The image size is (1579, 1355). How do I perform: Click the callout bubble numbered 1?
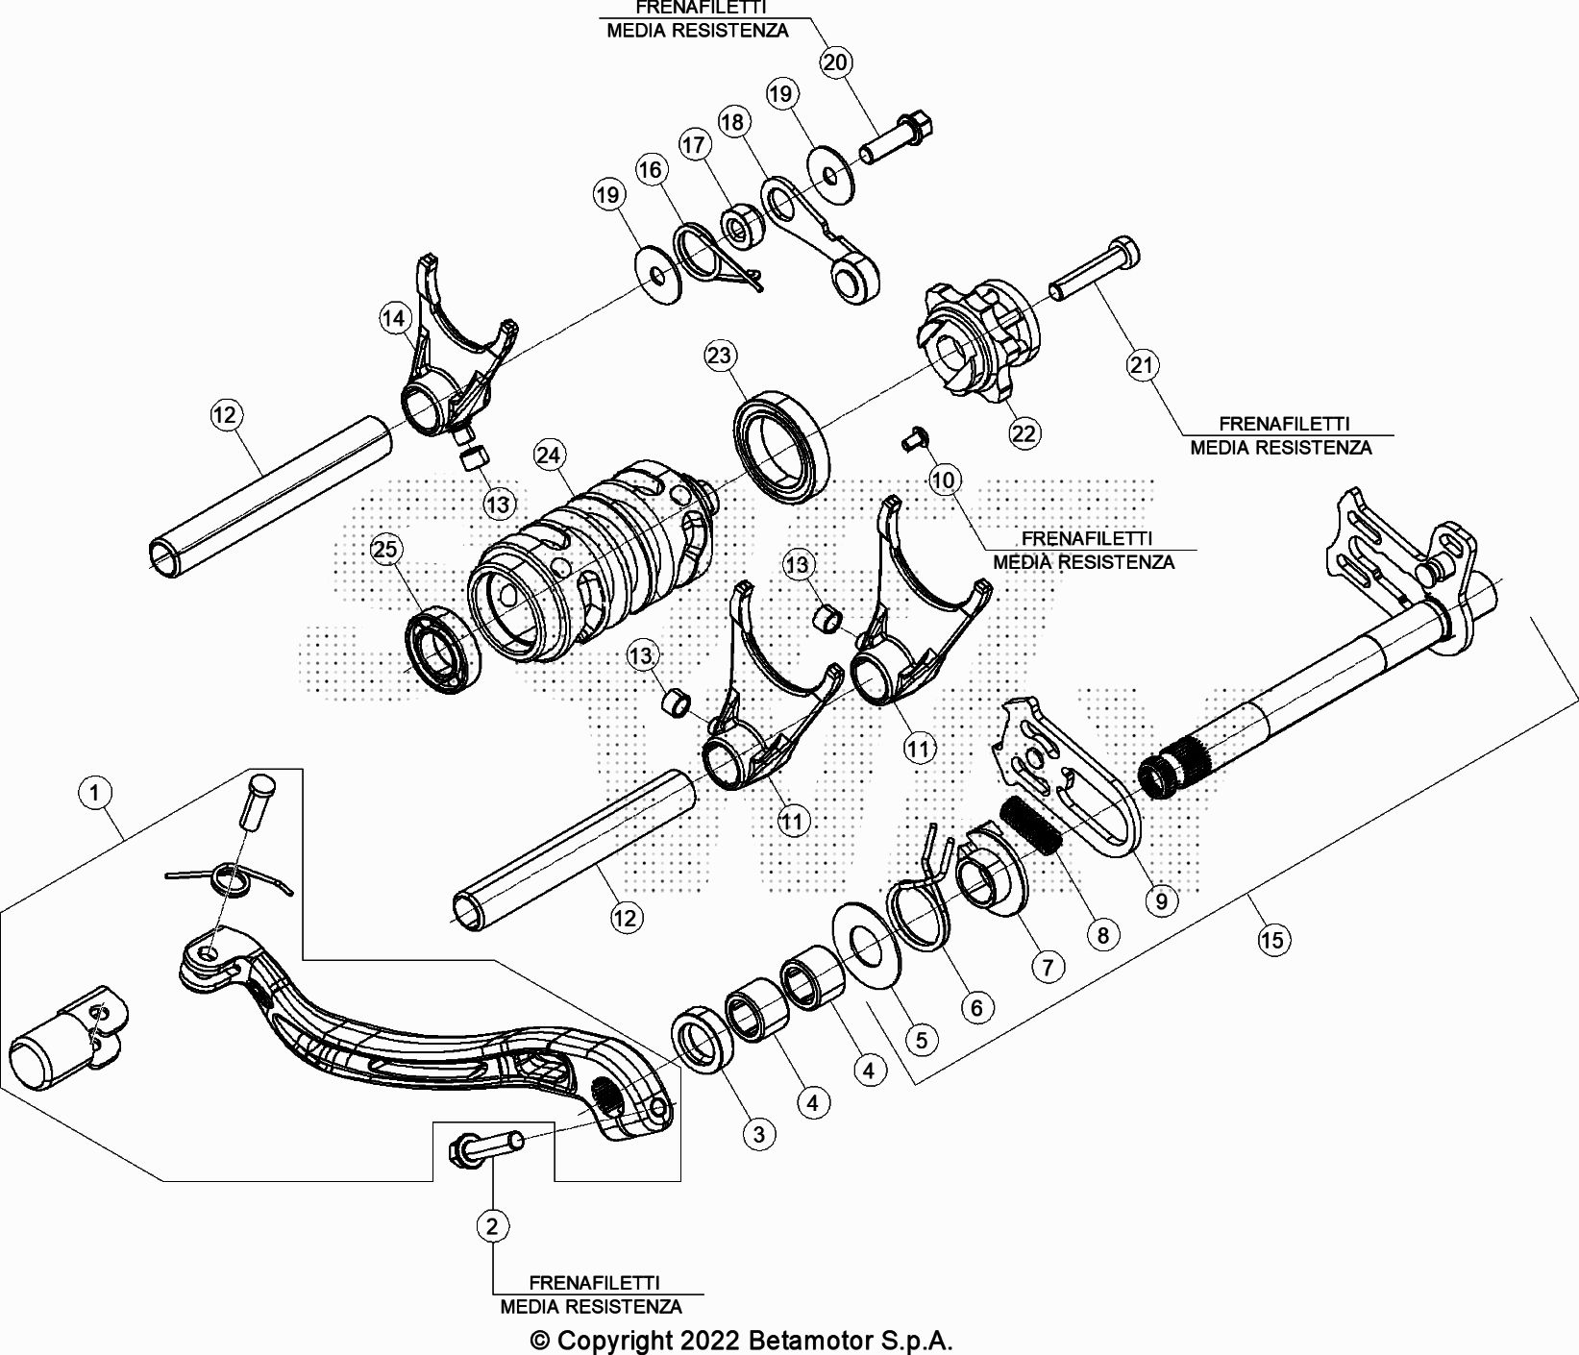94,793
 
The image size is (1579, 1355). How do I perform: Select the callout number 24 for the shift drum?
549,455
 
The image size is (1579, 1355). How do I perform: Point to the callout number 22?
1024,433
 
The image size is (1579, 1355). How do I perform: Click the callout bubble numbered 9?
1161,900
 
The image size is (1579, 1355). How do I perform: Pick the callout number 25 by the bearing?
384,549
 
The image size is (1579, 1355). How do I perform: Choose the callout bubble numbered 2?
492,1225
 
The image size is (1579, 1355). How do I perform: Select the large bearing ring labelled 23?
781,441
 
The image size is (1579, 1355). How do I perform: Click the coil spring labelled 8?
1031,825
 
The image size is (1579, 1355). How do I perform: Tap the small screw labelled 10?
910,439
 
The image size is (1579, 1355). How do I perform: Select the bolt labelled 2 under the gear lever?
486,1145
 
